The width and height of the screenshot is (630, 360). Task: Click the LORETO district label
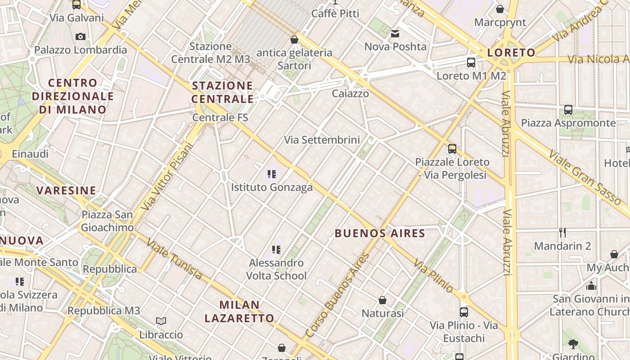[511, 53]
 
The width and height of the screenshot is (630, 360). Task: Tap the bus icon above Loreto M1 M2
[471, 63]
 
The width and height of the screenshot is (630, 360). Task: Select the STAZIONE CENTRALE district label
[223, 92]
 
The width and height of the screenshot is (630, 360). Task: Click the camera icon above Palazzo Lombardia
[81, 36]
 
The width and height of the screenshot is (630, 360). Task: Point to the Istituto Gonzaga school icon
[271, 174]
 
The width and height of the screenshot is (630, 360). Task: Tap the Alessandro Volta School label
[276, 269]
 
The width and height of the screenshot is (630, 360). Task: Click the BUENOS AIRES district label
[380, 233]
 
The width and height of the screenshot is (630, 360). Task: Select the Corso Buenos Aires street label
[337, 295]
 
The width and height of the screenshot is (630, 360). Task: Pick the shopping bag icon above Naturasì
[382, 300]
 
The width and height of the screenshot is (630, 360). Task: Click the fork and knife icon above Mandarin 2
[562, 233]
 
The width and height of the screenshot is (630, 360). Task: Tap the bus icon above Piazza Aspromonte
[568, 109]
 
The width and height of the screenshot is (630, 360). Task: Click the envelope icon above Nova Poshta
[395, 34]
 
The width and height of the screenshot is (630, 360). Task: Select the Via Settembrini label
[322, 140]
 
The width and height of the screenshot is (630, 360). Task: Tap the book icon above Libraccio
[161, 321]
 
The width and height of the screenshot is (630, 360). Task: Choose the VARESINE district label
[66, 190]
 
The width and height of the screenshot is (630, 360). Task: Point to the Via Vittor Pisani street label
[167, 176]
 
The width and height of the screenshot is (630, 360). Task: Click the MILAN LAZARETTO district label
[239, 311]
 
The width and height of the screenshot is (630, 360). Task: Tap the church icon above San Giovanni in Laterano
[591, 286]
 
